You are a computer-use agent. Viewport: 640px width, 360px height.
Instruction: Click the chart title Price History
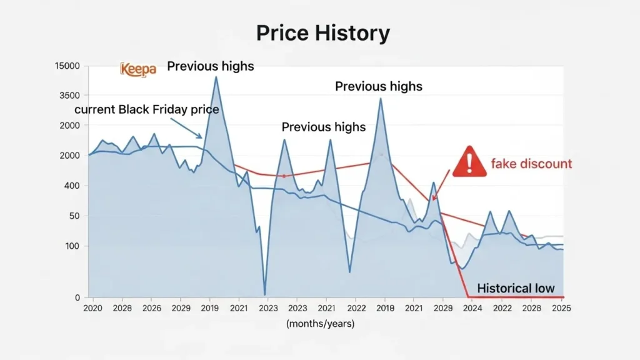click(323, 33)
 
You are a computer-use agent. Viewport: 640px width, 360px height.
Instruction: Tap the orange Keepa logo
click(137, 69)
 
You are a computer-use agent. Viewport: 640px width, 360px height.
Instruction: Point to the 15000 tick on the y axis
click(67, 66)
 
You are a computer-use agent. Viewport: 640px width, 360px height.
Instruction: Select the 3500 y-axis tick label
click(69, 96)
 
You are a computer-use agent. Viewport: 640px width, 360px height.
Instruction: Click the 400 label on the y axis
click(72, 186)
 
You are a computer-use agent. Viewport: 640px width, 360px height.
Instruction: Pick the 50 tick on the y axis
click(74, 216)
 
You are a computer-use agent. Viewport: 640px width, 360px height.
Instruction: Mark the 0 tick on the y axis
click(77, 297)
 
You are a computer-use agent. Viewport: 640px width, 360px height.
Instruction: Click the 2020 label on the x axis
click(92, 308)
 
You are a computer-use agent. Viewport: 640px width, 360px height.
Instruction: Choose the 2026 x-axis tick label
click(151, 308)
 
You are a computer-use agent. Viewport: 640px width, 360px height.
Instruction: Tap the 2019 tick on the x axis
click(209, 308)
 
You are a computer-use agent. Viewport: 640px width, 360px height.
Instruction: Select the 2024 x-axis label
click(472, 308)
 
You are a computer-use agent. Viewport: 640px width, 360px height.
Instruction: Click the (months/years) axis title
click(321, 324)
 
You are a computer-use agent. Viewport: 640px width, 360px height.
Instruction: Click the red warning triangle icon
click(469, 161)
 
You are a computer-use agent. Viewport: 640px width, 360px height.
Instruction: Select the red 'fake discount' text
click(531, 164)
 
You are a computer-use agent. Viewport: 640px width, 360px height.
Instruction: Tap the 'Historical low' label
click(516, 288)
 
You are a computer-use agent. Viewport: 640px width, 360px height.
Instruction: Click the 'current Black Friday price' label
click(147, 110)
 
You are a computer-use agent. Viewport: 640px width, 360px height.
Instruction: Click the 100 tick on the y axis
click(72, 246)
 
